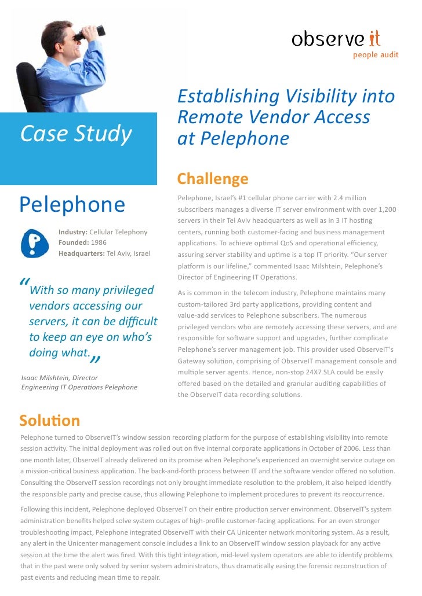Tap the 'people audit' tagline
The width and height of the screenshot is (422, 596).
(376, 56)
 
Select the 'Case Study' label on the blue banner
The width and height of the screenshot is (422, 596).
(76, 134)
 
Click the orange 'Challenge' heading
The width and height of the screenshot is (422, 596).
(212, 179)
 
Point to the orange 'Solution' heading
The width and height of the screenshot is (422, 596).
(49, 420)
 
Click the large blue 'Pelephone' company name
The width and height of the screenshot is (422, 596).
(72, 204)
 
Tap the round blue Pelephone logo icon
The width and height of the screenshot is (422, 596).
(34, 243)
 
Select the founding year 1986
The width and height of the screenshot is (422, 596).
(99, 242)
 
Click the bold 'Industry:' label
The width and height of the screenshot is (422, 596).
(73, 232)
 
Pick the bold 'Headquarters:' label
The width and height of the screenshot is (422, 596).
(82, 253)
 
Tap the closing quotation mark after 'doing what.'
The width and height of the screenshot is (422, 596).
(94, 360)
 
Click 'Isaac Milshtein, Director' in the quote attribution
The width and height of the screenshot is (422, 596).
(59, 378)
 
